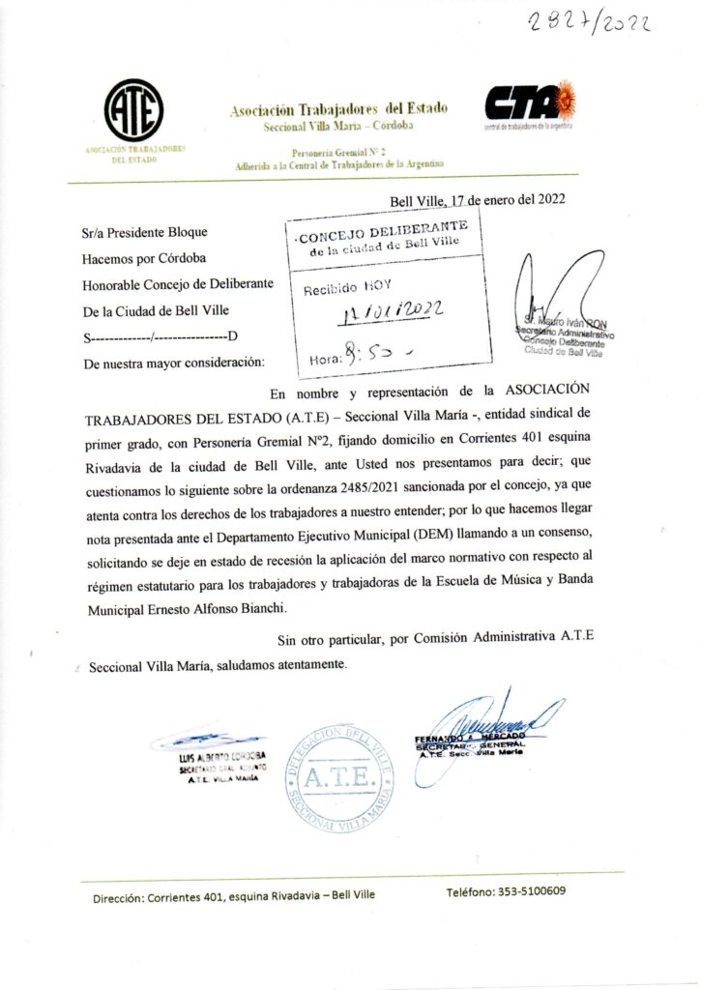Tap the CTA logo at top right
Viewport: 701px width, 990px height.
click(529, 102)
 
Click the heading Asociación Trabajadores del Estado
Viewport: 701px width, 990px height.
click(338, 109)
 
